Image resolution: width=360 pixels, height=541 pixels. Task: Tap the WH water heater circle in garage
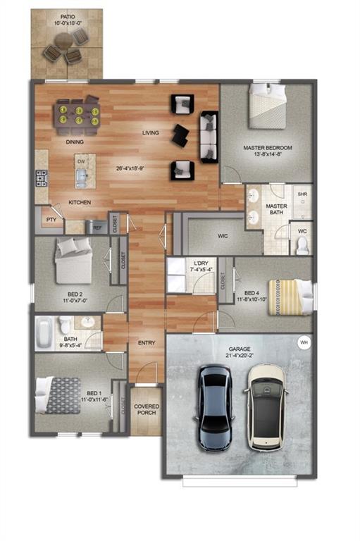tap(304, 342)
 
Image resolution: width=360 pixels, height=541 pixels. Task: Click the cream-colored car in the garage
tap(266, 406)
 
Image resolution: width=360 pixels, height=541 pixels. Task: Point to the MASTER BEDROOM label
tap(267, 148)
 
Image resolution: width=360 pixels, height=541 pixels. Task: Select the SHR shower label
tap(302, 194)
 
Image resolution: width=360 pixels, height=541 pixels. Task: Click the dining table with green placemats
tap(76, 115)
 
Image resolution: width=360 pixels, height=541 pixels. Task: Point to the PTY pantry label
tap(50, 220)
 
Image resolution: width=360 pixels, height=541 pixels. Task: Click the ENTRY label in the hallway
tap(147, 343)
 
